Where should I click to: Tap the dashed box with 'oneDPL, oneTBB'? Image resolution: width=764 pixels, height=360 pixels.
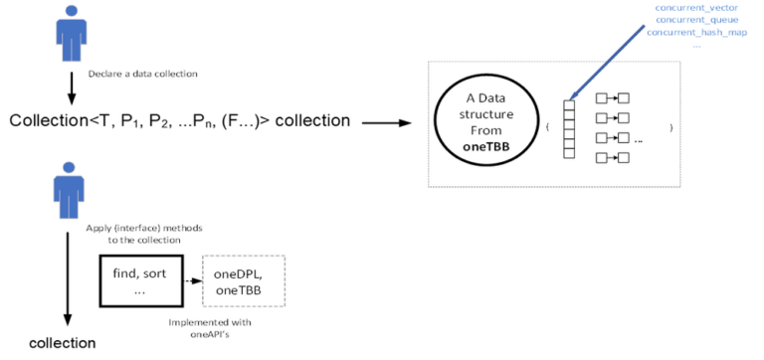[x=243, y=281]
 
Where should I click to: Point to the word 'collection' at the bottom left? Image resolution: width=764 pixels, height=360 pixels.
[x=62, y=343]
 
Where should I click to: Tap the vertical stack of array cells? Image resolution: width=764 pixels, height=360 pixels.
[x=569, y=129]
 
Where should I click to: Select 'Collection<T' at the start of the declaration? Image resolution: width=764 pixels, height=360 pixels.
[x=50, y=121]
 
